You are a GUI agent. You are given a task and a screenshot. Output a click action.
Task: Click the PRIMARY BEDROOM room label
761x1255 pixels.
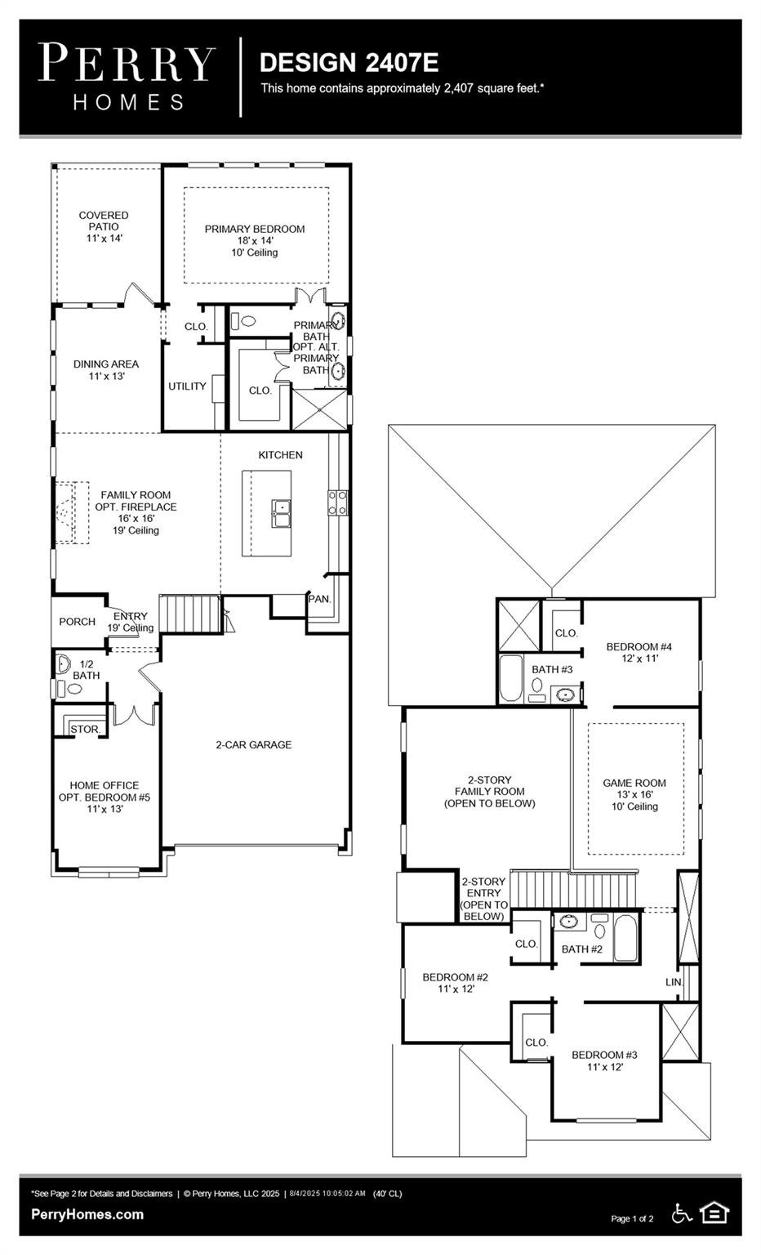click(x=254, y=229)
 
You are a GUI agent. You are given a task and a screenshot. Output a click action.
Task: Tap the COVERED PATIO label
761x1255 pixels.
click(x=104, y=221)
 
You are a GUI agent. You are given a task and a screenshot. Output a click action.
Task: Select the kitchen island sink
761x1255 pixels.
click(x=281, y=514)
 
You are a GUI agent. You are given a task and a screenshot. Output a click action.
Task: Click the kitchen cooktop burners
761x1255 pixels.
click(x=338, y=502)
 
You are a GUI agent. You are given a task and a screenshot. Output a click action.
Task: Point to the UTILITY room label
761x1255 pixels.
click(x=187, y=386)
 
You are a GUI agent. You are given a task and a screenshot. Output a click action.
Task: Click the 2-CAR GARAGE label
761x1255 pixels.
click(x=254, y=744)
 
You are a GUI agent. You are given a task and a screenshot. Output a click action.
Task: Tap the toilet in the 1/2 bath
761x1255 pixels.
click(x=69, y=688)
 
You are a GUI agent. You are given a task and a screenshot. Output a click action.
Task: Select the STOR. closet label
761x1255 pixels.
click(x=86, y=729)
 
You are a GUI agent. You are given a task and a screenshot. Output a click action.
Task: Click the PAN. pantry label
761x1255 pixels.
click(x=320, y=599)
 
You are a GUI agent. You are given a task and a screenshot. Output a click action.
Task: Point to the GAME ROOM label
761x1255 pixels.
click(x=634, y=783)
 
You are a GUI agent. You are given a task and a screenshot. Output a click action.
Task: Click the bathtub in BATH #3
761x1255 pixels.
click(x=510, y=678)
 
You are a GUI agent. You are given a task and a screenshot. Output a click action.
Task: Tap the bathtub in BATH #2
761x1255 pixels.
click(x=625, y=938)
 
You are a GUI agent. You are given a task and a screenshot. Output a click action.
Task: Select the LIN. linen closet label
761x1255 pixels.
click(x=674, y=982)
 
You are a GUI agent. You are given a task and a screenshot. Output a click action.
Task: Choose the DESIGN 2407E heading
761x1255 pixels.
click(x=349, y=62)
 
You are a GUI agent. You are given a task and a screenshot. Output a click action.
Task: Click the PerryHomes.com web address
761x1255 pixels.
click(x=87, y=1215)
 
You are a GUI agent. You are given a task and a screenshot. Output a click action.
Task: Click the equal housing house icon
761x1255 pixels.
click(x=714, y=1213)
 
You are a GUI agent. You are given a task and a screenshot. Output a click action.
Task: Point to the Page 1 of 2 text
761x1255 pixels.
click(x=632, y=1218)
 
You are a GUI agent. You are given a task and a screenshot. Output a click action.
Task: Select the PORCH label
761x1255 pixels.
click(x=78, y=621)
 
